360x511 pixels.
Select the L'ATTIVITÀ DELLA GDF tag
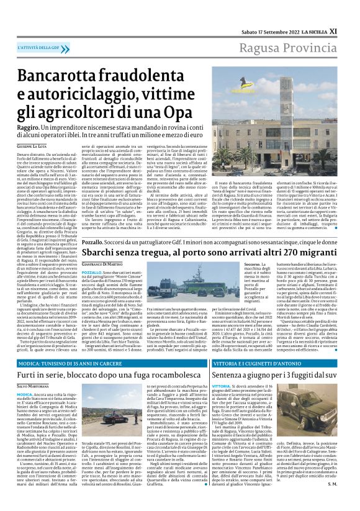42,48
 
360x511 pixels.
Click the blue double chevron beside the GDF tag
69,48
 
